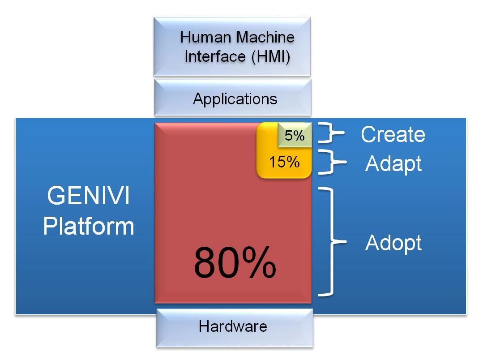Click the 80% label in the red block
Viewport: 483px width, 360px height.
(235, 263)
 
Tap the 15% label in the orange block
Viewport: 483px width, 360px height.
(284, 162)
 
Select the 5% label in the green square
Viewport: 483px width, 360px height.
(295, 135)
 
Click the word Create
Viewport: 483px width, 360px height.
(393, 134)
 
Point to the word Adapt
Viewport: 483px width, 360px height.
(393, 163)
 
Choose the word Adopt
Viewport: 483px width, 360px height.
(393, 243)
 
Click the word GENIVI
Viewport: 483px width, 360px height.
(89, 196)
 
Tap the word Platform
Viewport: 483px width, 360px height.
(89, 226)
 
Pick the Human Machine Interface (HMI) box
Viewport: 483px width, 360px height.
(232, 47)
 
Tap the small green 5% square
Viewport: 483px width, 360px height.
(294, 135)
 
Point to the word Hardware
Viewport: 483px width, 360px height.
(233, 326)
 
